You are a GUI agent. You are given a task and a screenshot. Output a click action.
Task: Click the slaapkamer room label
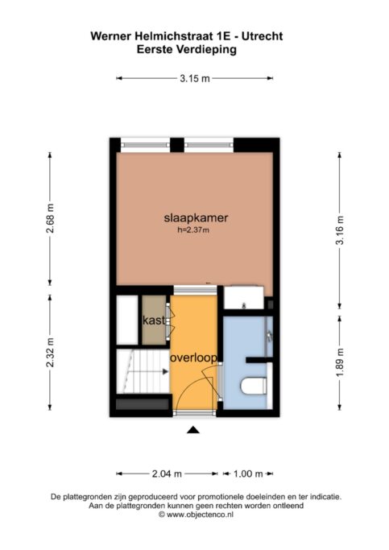(196, 217)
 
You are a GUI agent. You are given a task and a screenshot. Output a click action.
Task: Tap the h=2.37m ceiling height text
(193, 230)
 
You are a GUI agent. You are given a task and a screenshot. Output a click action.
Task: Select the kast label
(154, 320)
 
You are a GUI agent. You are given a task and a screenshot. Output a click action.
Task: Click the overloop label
(193, 358)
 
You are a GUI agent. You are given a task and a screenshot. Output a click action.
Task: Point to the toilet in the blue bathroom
(253, 386)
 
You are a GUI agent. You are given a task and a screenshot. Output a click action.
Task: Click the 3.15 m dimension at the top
(195, 79)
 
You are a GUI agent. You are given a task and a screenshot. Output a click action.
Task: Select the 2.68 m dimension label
(50, 218)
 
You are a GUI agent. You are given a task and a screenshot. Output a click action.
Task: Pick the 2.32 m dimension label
(50, 352)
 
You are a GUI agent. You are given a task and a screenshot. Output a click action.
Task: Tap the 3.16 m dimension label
(340, 230)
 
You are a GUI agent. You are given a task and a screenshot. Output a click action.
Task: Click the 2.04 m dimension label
(167, 473)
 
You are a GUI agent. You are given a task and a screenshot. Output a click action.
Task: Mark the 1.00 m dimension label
(248, 473)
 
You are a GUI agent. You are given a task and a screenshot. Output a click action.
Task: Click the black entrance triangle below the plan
(193, 430)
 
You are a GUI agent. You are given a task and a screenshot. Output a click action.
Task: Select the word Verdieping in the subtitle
(206, 49)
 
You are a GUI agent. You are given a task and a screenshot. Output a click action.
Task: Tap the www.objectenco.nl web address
(200, 515)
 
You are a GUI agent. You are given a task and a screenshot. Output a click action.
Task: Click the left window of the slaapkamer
(146, 144)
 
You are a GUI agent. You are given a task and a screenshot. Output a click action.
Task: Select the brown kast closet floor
(154, 320)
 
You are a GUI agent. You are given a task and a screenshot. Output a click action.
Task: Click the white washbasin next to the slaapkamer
(244, 298)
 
